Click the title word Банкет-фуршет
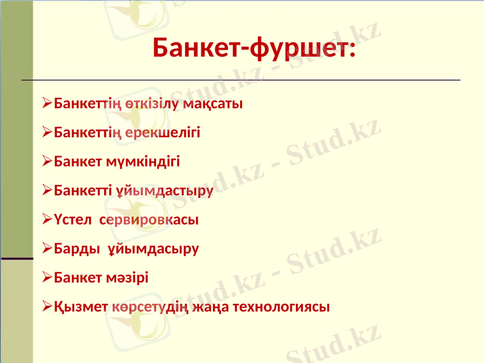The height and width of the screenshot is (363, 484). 254,47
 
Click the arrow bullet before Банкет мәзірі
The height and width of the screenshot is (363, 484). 47,278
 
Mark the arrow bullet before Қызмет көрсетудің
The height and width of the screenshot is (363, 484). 47,307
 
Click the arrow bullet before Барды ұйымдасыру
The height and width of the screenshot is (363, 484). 47,249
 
